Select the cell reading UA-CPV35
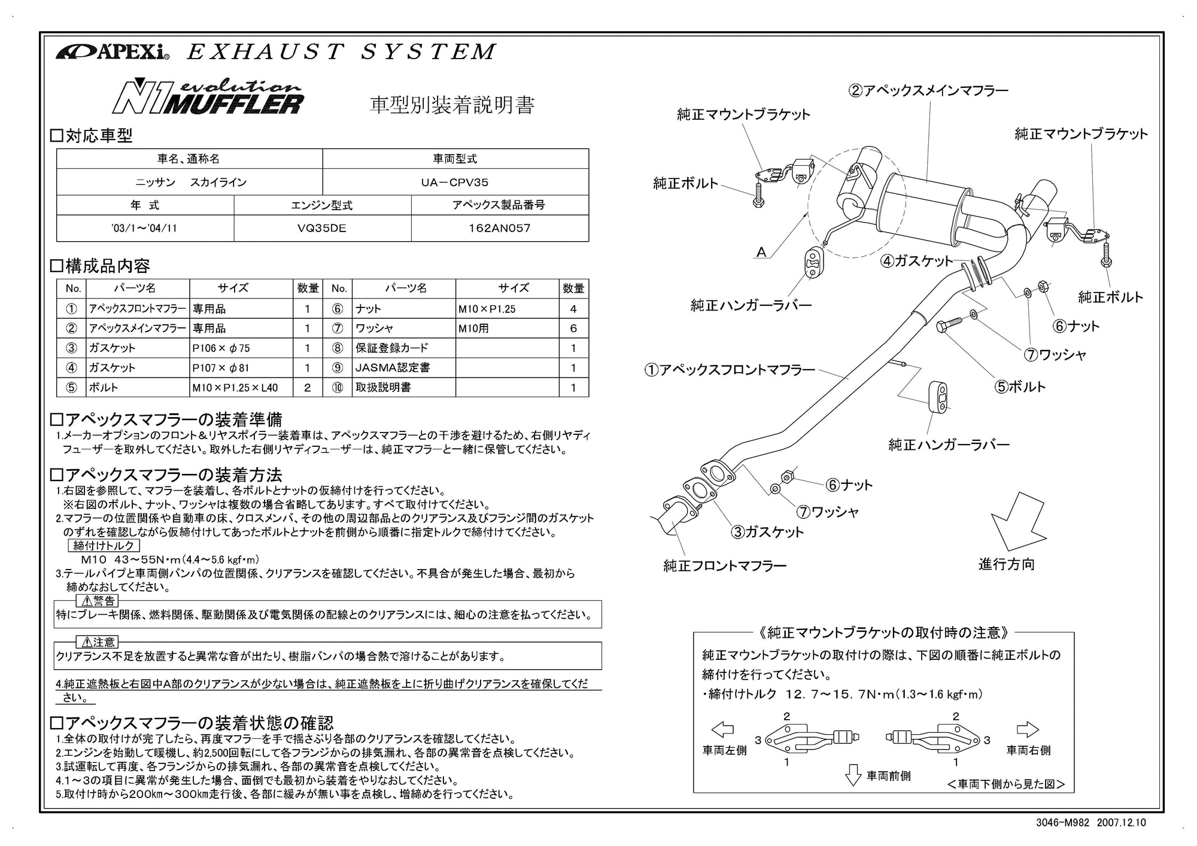(x=455, y=182)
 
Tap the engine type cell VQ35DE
(x=322, y=229)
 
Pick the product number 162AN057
(x=499, y=229)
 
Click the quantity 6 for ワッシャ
(x=573, y=328)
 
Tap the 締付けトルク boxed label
(x=104, y=546)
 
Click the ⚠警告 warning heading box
(x=97, y=601)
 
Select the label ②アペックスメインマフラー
(x=928, y=91)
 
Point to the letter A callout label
(x=761, y=252)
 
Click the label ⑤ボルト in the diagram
(x=1020, y=387)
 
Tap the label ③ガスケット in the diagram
(x=768, y=532)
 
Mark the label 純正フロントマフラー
(x=725, y=565)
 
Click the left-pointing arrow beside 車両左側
(x=723, y=730)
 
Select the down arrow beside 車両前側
(x=853, y=775)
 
